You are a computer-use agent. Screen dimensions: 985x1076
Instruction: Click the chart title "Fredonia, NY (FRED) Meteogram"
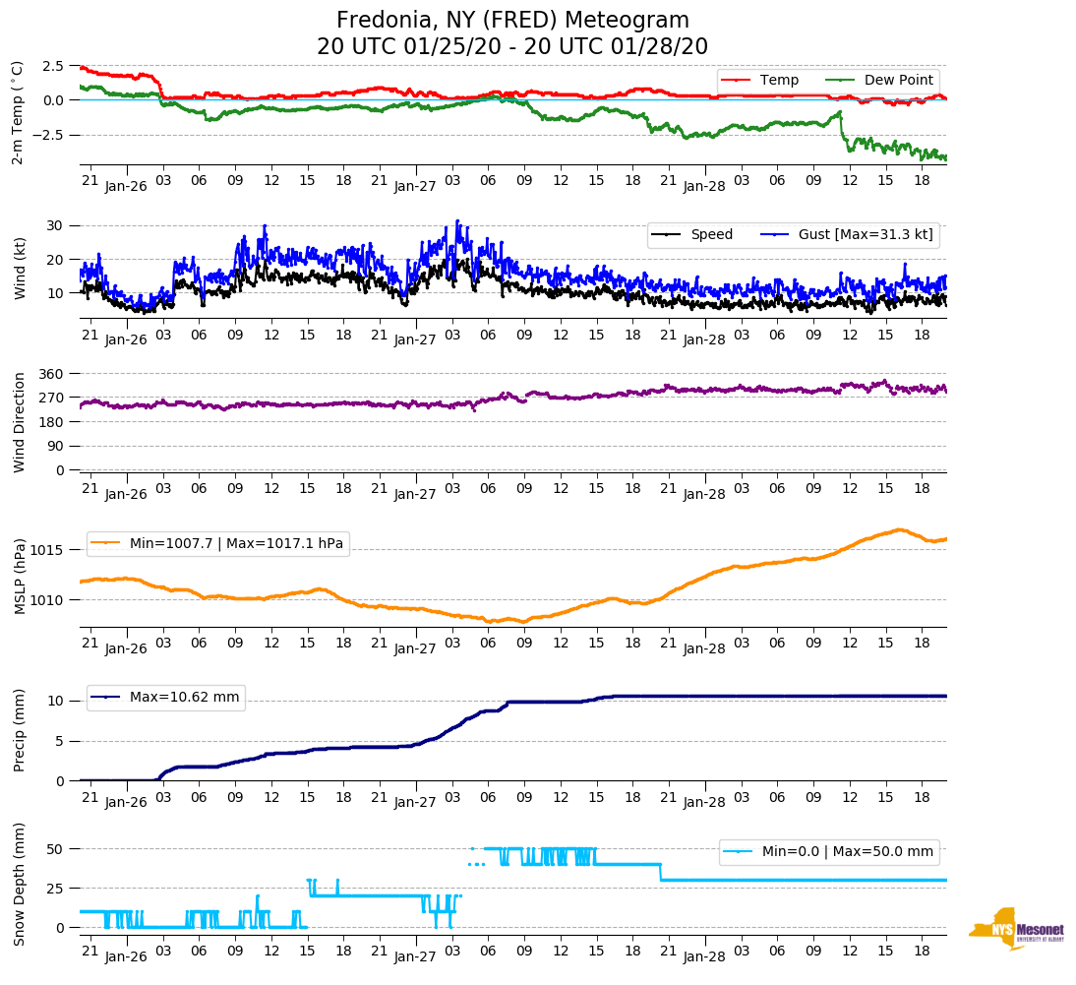click(512, 21)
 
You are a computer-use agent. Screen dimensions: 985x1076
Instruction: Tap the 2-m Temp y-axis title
click(18, 112)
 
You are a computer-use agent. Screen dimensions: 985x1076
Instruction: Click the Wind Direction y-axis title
click(20, 421)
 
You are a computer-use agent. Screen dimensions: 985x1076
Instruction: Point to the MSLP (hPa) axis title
click(20, 576)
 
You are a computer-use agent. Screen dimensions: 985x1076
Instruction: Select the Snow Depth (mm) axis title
click(20, 884)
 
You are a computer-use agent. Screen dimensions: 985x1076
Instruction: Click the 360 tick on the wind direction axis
click(52, 374)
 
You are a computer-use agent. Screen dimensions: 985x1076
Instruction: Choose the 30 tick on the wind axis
click(56, 225)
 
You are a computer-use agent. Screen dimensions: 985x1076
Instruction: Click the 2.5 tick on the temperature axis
click(53, 66)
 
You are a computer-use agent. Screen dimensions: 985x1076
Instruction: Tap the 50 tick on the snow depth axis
click(56, 849)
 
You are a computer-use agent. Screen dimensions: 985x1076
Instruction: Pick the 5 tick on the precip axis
click(60, 741)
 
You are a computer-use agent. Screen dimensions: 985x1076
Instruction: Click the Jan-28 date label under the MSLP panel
click(704, 650)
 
